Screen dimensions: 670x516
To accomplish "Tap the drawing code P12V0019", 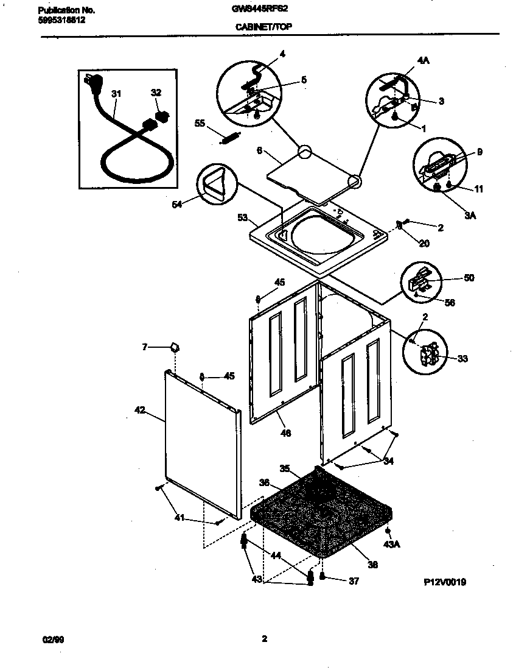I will (445, 582).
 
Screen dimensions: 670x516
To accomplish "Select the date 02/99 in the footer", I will (52, 639).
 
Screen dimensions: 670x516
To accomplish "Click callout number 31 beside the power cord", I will (116, 93).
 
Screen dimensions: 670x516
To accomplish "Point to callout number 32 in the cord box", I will (156, 93).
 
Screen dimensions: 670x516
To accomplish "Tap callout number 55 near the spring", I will (199, 123).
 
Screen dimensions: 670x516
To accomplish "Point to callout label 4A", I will (424, 61).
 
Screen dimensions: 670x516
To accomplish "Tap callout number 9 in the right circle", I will (479, 152).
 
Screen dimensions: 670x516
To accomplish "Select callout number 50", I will (469, 278).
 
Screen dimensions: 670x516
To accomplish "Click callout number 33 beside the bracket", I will (463, 359).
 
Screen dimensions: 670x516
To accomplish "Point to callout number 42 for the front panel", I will (139, 411).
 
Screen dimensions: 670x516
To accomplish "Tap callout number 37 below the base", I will (354, 581).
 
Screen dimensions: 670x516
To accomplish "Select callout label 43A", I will (392, 543).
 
